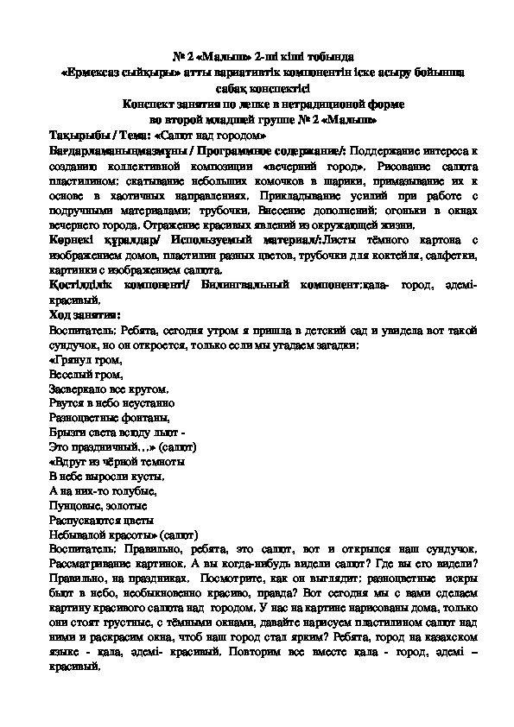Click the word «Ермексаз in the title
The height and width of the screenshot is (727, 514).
point(97,73)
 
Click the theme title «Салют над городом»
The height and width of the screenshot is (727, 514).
point(205,136)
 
